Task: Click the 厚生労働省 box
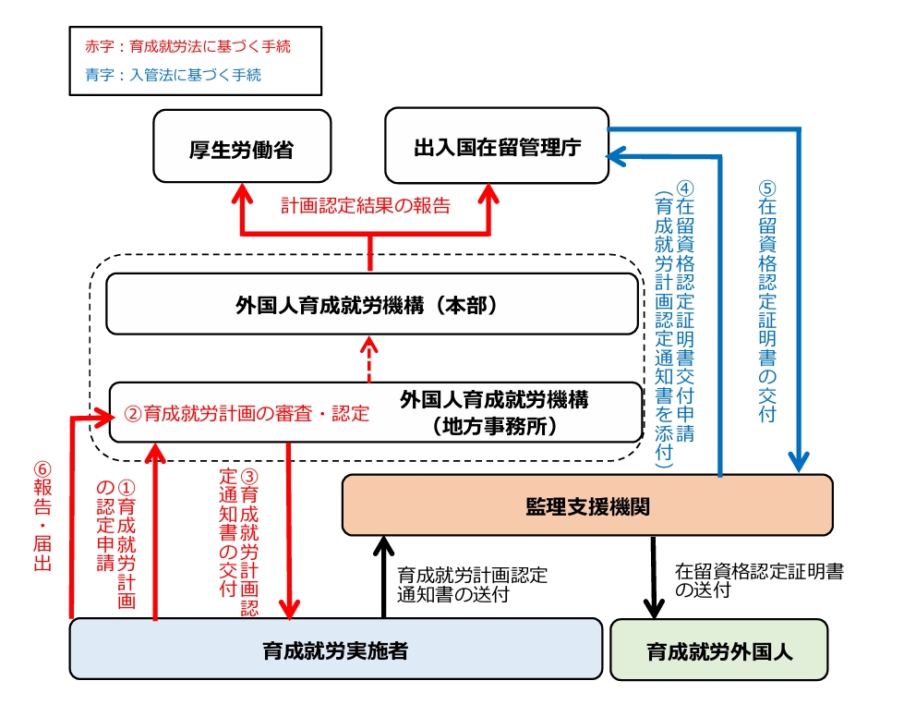(241, 146)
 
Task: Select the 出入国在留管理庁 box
(497, 145)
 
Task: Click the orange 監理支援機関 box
(586, 504)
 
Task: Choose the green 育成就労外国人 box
(718, 650)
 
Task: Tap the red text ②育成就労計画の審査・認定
(247, 413)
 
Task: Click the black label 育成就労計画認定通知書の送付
(471, 585)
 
